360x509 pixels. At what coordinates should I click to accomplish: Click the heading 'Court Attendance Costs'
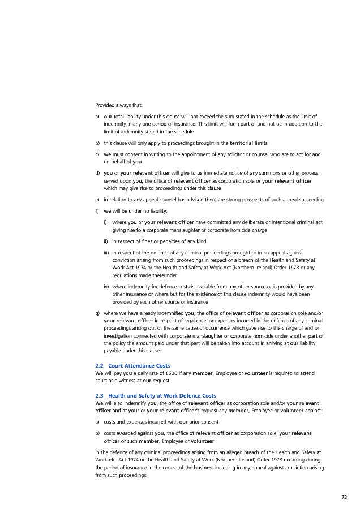click(x=139, y=366)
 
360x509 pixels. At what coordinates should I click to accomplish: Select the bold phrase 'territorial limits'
click(x=249, y=143)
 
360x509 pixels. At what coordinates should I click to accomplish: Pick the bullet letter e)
click(x=97, y=200)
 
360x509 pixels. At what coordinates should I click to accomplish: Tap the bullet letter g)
click(x=97, y=312)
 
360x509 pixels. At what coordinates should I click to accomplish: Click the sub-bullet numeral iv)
click(x=106, y=286)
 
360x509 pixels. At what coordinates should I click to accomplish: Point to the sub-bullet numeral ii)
click(x=106, y=241)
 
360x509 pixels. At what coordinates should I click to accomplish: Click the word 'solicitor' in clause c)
click(x=257, y=154)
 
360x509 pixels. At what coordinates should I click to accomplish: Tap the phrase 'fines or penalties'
click(x=156, y=241)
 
